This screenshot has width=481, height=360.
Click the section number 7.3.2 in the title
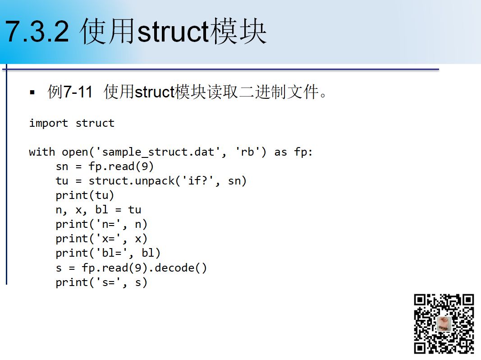click(x=37, y=31)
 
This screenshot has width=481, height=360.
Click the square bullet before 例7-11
click(x=32, y=92)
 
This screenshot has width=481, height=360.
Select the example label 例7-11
click(x=70, y=92)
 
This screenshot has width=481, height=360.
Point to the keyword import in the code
click(x=49, y=123)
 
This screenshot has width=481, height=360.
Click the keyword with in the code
click(x=42, y=152)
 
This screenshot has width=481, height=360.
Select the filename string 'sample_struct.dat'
click(x=158, y=152)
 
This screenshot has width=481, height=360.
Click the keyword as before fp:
click(x=281, y=152)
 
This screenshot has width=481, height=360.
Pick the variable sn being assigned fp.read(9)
click(x=62, y=166)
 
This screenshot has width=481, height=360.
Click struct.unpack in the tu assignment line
click(x=132, y=181)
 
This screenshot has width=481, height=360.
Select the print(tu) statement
click(x=85, y=195)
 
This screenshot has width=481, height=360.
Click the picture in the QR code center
click(x=444, y=324)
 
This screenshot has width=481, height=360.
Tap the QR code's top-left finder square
click(x=420, y=300)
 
